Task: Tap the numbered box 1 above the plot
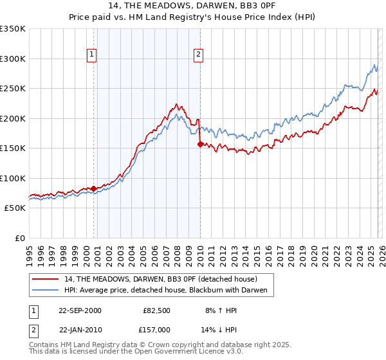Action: (x=93, y=55)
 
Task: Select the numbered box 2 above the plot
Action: (x=199, y=55)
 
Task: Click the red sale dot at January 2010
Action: (x=200, y=145)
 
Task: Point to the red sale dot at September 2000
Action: (x=94, y=188)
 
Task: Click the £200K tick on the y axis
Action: (x=13, y=118)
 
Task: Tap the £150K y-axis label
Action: (x=13, y=148)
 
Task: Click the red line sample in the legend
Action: (x=46, y=279)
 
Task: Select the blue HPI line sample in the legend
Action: (x=46, y=291)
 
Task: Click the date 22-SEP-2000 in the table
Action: (x=80, y=310)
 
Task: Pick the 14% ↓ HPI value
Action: (x=218, y=330)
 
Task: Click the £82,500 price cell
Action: (x=157, y=310)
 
